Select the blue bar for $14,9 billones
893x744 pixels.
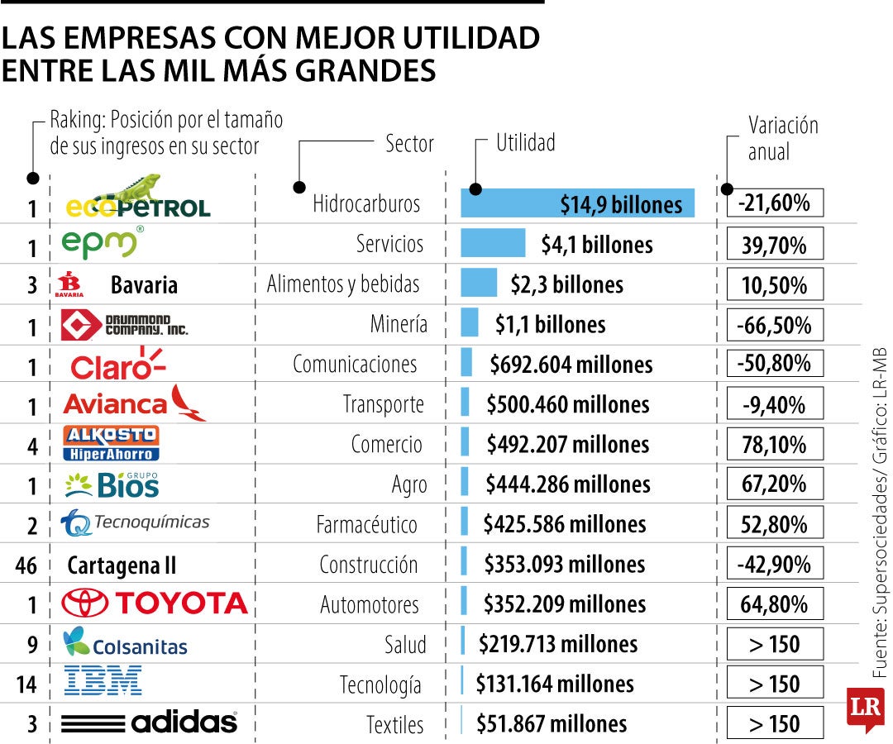click(x=577, y=203)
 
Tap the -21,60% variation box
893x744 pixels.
click(x=775, y=203)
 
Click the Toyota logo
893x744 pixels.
click(x=155, y=603)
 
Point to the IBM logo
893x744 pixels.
click(x=103, y=682)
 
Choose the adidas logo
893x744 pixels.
click(x=150, y=723)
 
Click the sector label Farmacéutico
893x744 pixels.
click(x=366, y=525)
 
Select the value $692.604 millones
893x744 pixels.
click(x=571, y=365)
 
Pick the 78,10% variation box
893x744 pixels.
click(x=775, y=445)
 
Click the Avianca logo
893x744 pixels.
click(x=135, y=403)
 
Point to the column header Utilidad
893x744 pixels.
click(x=525, y=143)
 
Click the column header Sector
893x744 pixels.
click(x=409, y=144)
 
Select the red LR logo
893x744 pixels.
click(x=864, y=709)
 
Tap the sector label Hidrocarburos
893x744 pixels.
click(x=366, y=204)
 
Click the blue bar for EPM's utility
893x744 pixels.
click(x=493, y=243)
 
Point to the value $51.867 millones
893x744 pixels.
click(x=552, y=724)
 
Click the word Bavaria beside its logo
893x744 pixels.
click(x=144, y=286)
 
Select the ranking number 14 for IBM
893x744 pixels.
click(x=26, y=684)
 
